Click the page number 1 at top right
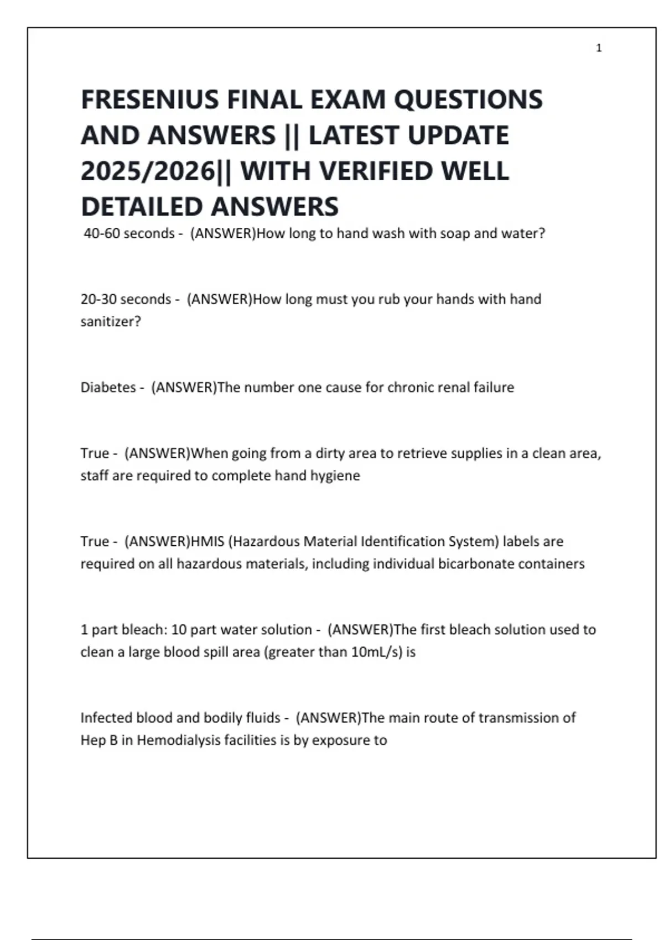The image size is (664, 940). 599,48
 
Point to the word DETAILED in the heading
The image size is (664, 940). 143,207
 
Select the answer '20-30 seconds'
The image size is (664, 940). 126,299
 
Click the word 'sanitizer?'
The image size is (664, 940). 111,321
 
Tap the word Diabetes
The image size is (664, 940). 108,387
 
